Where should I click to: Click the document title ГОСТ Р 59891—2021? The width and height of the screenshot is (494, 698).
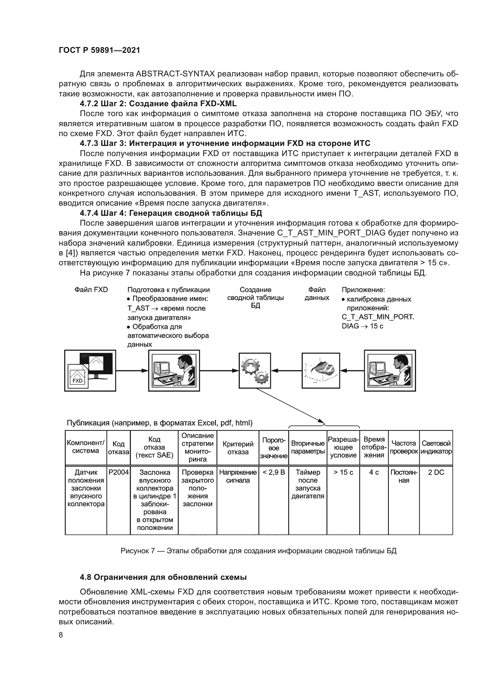click(99, 50)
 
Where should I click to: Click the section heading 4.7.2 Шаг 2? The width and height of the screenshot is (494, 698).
click(158, 104)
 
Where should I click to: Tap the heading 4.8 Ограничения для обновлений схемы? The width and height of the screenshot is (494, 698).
click(163, 577)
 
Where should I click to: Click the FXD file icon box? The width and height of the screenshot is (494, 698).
click(90, 370)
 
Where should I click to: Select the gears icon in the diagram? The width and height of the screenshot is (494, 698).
click(254, 370)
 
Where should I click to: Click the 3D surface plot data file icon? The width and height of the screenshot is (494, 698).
click(320, 370)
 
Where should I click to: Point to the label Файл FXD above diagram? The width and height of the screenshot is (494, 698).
click(91, 290)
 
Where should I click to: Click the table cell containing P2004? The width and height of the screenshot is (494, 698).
click(118, 472)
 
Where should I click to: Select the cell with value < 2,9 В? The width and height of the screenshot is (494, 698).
click(274, 472)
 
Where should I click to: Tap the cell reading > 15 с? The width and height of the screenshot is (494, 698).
click(343, 472)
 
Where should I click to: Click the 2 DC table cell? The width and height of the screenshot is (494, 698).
click(436, 472)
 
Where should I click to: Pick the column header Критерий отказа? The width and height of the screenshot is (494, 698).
click(237, 448)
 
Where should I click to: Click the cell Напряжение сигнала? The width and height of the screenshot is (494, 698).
click(237, 476)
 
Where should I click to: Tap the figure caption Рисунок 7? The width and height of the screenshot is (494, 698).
click(258, 551)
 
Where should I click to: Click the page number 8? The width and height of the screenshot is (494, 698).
click(61, 635)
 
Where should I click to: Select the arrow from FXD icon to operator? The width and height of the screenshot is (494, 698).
click(132, 371)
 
